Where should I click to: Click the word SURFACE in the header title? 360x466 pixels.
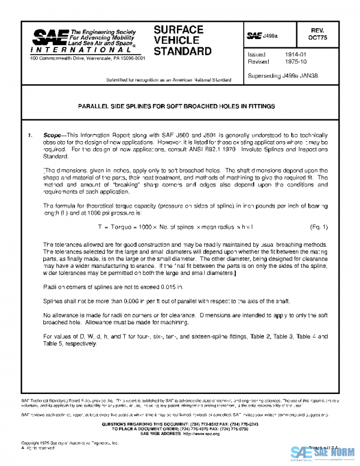tap(178, 29)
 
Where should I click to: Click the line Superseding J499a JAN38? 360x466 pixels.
tap(280, 76)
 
